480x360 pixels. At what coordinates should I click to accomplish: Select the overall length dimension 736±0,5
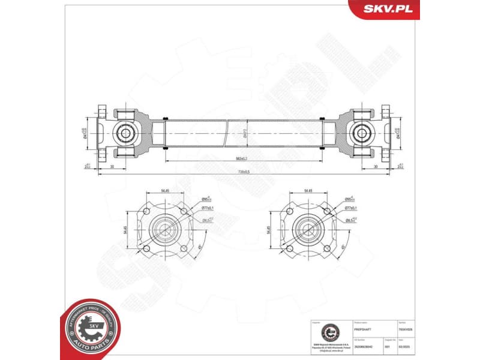244,172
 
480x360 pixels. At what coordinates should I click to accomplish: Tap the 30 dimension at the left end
112,166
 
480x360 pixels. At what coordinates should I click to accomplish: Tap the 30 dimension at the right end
376,166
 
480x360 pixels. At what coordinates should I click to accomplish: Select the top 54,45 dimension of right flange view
308,191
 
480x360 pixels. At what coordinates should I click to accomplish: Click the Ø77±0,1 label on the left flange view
208,208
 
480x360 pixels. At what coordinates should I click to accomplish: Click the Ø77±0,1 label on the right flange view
352,208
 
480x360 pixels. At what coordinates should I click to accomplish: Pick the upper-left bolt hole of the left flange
146,211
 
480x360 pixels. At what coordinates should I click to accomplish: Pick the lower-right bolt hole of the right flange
326,247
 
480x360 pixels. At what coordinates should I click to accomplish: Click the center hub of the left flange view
164,229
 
